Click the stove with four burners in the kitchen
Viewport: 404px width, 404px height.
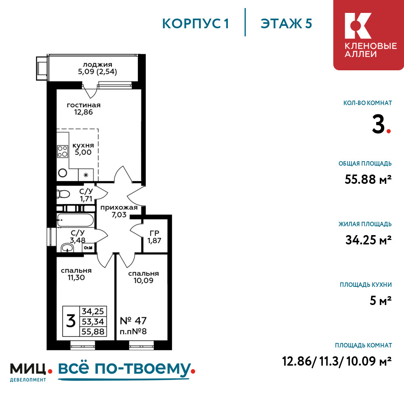pos(63,151)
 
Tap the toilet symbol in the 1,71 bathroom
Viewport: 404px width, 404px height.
pos(63,194)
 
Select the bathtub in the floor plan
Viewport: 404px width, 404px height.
pos(75,220)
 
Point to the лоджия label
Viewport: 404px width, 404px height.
pos(97,65)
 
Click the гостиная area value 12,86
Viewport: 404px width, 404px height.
pos(84,112)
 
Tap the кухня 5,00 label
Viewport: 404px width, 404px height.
pos(83,149)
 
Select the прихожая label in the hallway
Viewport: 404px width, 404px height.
pos(119,208)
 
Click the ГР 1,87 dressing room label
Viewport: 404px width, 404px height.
pos(154,237)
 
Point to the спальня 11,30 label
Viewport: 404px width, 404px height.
pos(76,274)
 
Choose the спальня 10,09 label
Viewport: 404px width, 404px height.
pos(143,277)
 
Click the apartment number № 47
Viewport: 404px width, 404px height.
pos(133,321)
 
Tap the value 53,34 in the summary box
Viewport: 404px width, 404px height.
pos(93,322)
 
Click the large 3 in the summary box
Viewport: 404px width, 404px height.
pos(71,321)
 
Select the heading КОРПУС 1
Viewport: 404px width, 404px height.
pos(196,24)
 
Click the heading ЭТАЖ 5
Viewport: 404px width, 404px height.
pos(286,24)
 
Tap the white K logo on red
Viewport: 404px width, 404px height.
pos(358,26)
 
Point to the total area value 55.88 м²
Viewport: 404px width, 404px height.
pos(368,179)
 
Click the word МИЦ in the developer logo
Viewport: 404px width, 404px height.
pos(28,368)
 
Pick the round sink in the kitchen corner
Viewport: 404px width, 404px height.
pos(63,173)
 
